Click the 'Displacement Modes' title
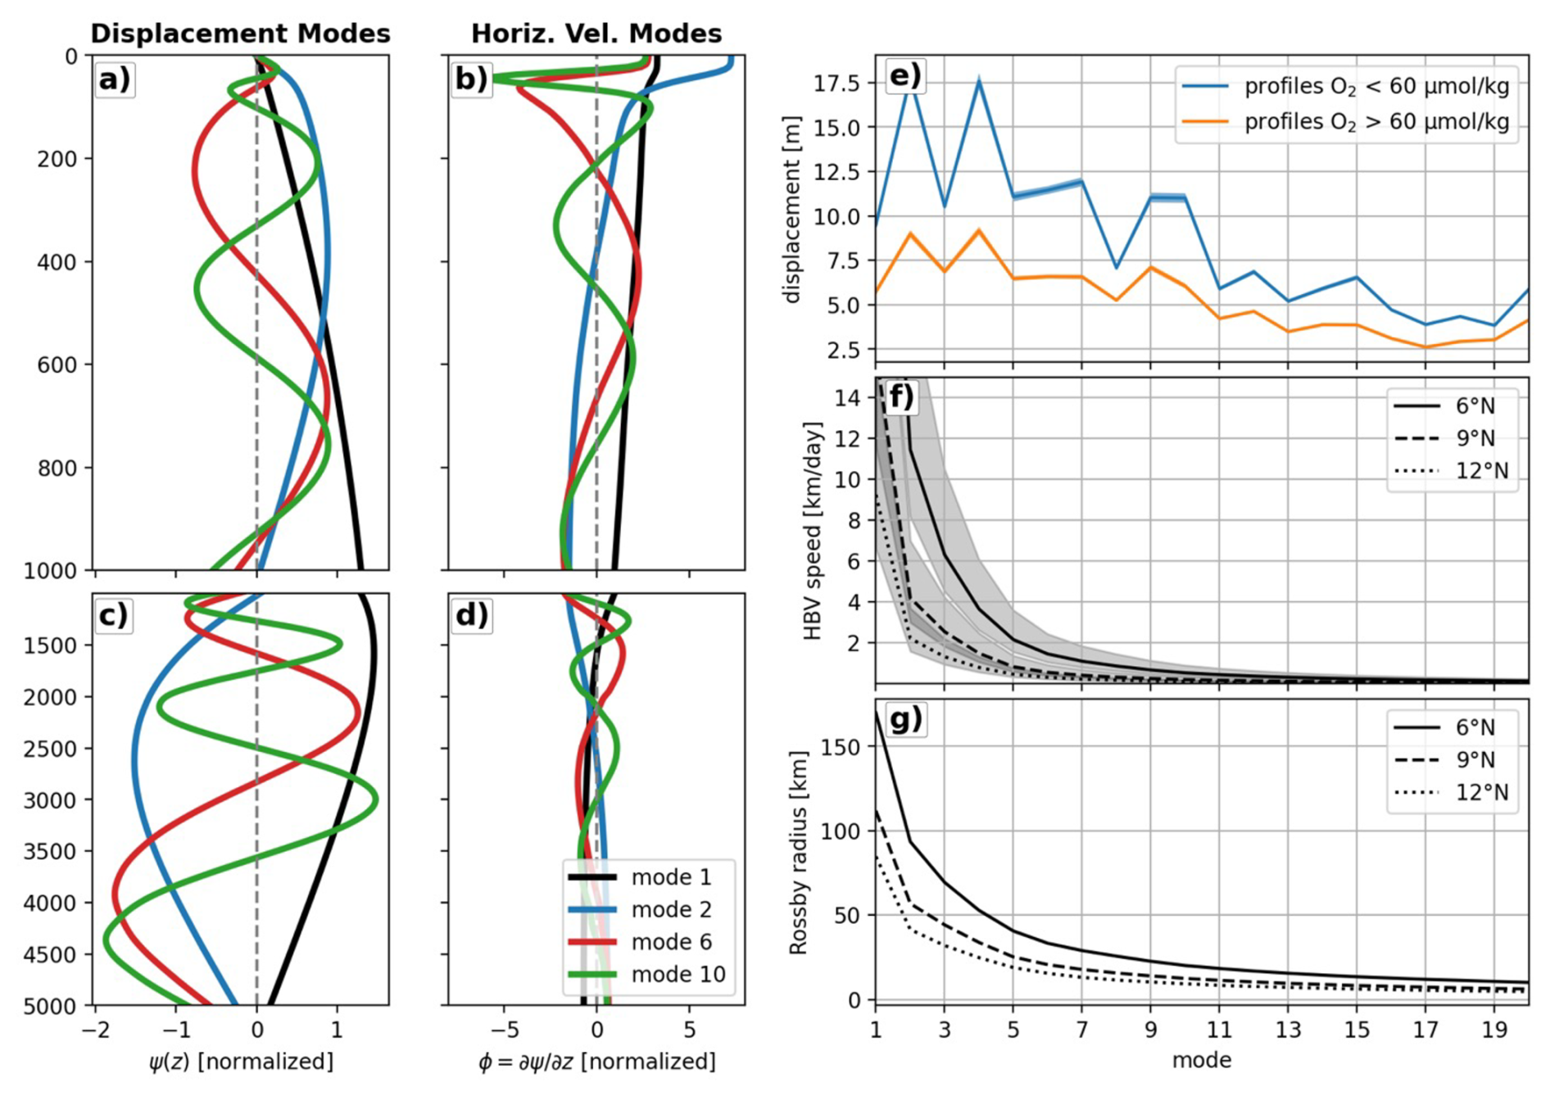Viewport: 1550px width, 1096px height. click(240, 34)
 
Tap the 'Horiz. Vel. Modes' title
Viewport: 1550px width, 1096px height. click(596, 34)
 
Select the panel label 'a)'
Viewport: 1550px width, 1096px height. click(115, 79)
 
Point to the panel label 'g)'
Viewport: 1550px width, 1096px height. click(904, 719)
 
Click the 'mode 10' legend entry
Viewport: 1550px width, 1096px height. click(678, 974)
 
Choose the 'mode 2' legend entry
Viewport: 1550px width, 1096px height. click(671, 909)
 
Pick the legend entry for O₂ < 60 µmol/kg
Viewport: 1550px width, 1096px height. click(1376, 86)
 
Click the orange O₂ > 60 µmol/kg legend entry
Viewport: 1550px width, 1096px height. click(1376, 122)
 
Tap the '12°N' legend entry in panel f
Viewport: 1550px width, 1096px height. click(1481, 471)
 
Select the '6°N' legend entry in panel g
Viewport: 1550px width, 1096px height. click(1475, 727)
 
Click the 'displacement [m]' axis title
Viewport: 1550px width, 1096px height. click(791, 210)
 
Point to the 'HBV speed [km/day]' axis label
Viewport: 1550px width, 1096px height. click(812, 531)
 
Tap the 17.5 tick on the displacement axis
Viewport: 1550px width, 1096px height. click(836, 84)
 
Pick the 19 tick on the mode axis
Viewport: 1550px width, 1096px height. click(1494, 1030)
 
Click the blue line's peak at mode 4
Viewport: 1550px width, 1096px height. click(979, 80)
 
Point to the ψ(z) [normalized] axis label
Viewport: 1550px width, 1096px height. click(241, 1062)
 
